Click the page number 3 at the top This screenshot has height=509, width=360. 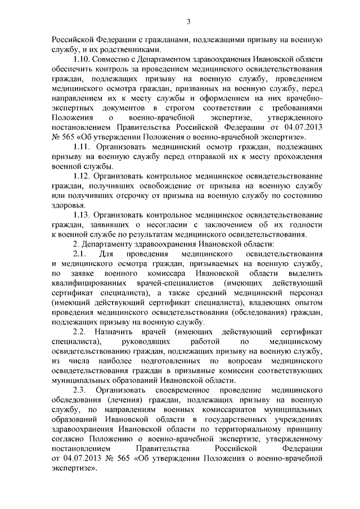tap(189, 21)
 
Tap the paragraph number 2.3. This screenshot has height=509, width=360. tap(81, 389)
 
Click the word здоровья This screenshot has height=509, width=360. tap(69, 205)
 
